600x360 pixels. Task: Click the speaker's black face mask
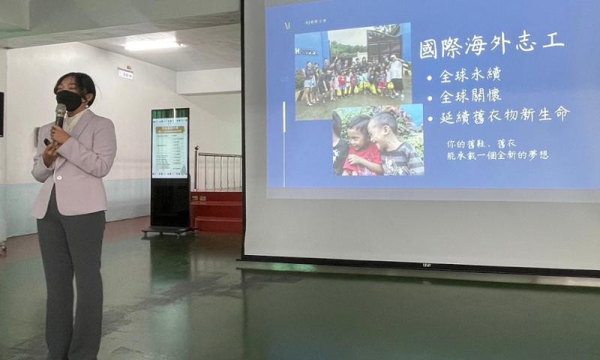coord(69,100)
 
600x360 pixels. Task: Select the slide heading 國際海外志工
coord(491,45)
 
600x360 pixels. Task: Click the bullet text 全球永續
coord(469,75)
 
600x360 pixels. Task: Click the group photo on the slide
coord(352,71)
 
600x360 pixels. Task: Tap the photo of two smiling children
coord(379,140)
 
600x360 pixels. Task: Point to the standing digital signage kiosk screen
coord(170,146)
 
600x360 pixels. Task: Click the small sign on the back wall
coord(125,73)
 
